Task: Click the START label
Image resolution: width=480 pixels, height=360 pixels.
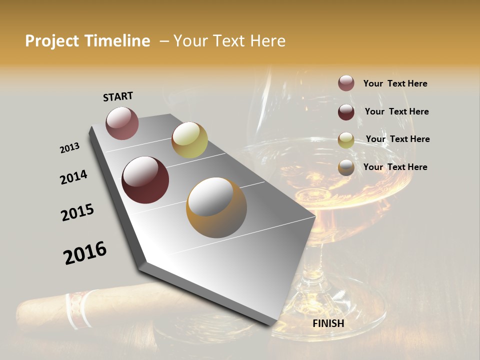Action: coord(118,96)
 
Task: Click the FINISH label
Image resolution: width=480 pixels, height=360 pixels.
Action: coord(328,323)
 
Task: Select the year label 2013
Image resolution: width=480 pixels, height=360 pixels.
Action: coord(69,148)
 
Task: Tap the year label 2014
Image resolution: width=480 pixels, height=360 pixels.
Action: coord(73,177)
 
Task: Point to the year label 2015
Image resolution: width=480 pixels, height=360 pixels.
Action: coord(77,212)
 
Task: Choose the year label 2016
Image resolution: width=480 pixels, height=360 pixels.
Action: coord(85,253)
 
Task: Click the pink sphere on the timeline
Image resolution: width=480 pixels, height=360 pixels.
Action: coord(122,123)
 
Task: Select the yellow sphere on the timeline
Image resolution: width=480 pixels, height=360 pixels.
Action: coord(189,140)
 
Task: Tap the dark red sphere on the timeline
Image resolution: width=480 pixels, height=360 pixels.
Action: coord(145,180)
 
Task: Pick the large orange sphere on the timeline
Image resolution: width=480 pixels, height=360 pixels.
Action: coord(216,207)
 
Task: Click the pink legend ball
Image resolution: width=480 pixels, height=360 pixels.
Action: coord(346,83)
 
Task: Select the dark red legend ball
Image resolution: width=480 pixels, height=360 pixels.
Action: coord(346,112)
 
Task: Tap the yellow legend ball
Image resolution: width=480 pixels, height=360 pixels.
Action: coord(346,140)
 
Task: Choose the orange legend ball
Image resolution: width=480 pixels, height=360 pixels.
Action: coord(346,167)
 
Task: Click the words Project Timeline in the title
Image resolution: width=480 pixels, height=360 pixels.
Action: coord(87,41)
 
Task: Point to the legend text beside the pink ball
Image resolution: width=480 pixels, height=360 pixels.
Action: coord(395,83)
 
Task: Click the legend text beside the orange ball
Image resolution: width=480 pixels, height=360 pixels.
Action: coord(395,167)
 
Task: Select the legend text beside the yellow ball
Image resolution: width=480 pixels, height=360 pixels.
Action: coord(397,139)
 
